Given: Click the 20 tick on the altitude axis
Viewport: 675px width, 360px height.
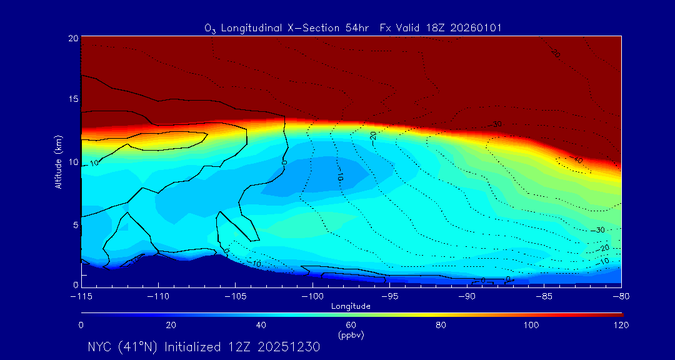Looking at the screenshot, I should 73,38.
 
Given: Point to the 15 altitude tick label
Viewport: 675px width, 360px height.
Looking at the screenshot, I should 73,99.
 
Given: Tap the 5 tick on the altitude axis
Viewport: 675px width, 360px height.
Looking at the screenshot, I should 75,224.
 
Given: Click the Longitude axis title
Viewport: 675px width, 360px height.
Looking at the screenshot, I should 351,306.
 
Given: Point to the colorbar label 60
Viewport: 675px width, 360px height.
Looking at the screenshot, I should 351,325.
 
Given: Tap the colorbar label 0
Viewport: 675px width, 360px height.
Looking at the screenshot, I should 81,325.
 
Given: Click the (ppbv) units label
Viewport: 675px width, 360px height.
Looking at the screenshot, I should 351,335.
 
